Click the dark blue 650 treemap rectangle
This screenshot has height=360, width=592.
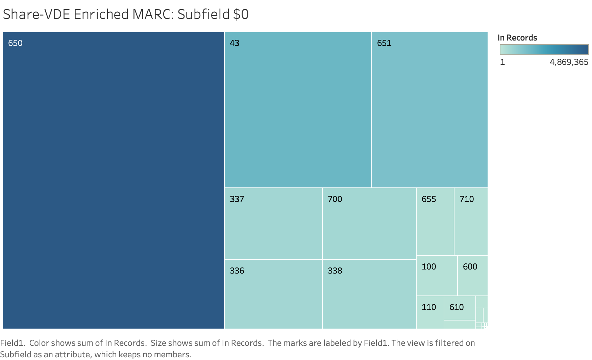click(x=114, y=180)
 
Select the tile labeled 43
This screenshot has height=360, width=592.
click(x=298, y=110)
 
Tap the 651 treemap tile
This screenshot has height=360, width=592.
click(x=429, y=110)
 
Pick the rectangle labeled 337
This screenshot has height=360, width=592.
click(x=273, y=223)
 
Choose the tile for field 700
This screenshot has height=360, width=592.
click(x=369, y=223)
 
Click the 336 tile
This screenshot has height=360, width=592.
click(x=273, y=294)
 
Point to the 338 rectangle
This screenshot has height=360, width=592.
click(x=369, y=294)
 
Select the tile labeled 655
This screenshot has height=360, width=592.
click(x=435, y=221)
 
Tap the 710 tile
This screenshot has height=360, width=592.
click(x=471, y=221)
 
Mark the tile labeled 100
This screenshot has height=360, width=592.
click(x=437, y=275)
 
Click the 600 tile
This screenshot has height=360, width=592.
click(x=472, y=275)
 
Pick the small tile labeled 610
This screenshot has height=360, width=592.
click(x=460, y=308)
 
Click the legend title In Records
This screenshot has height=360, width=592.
click(x=517, y=38)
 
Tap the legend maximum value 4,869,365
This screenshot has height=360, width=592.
click(x=569, y=62)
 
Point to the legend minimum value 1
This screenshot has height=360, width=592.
click(x=502, y=62)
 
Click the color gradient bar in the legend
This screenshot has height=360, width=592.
click(x=544, y=50)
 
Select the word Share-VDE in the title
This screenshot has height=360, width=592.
click(x=36, y=15)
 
